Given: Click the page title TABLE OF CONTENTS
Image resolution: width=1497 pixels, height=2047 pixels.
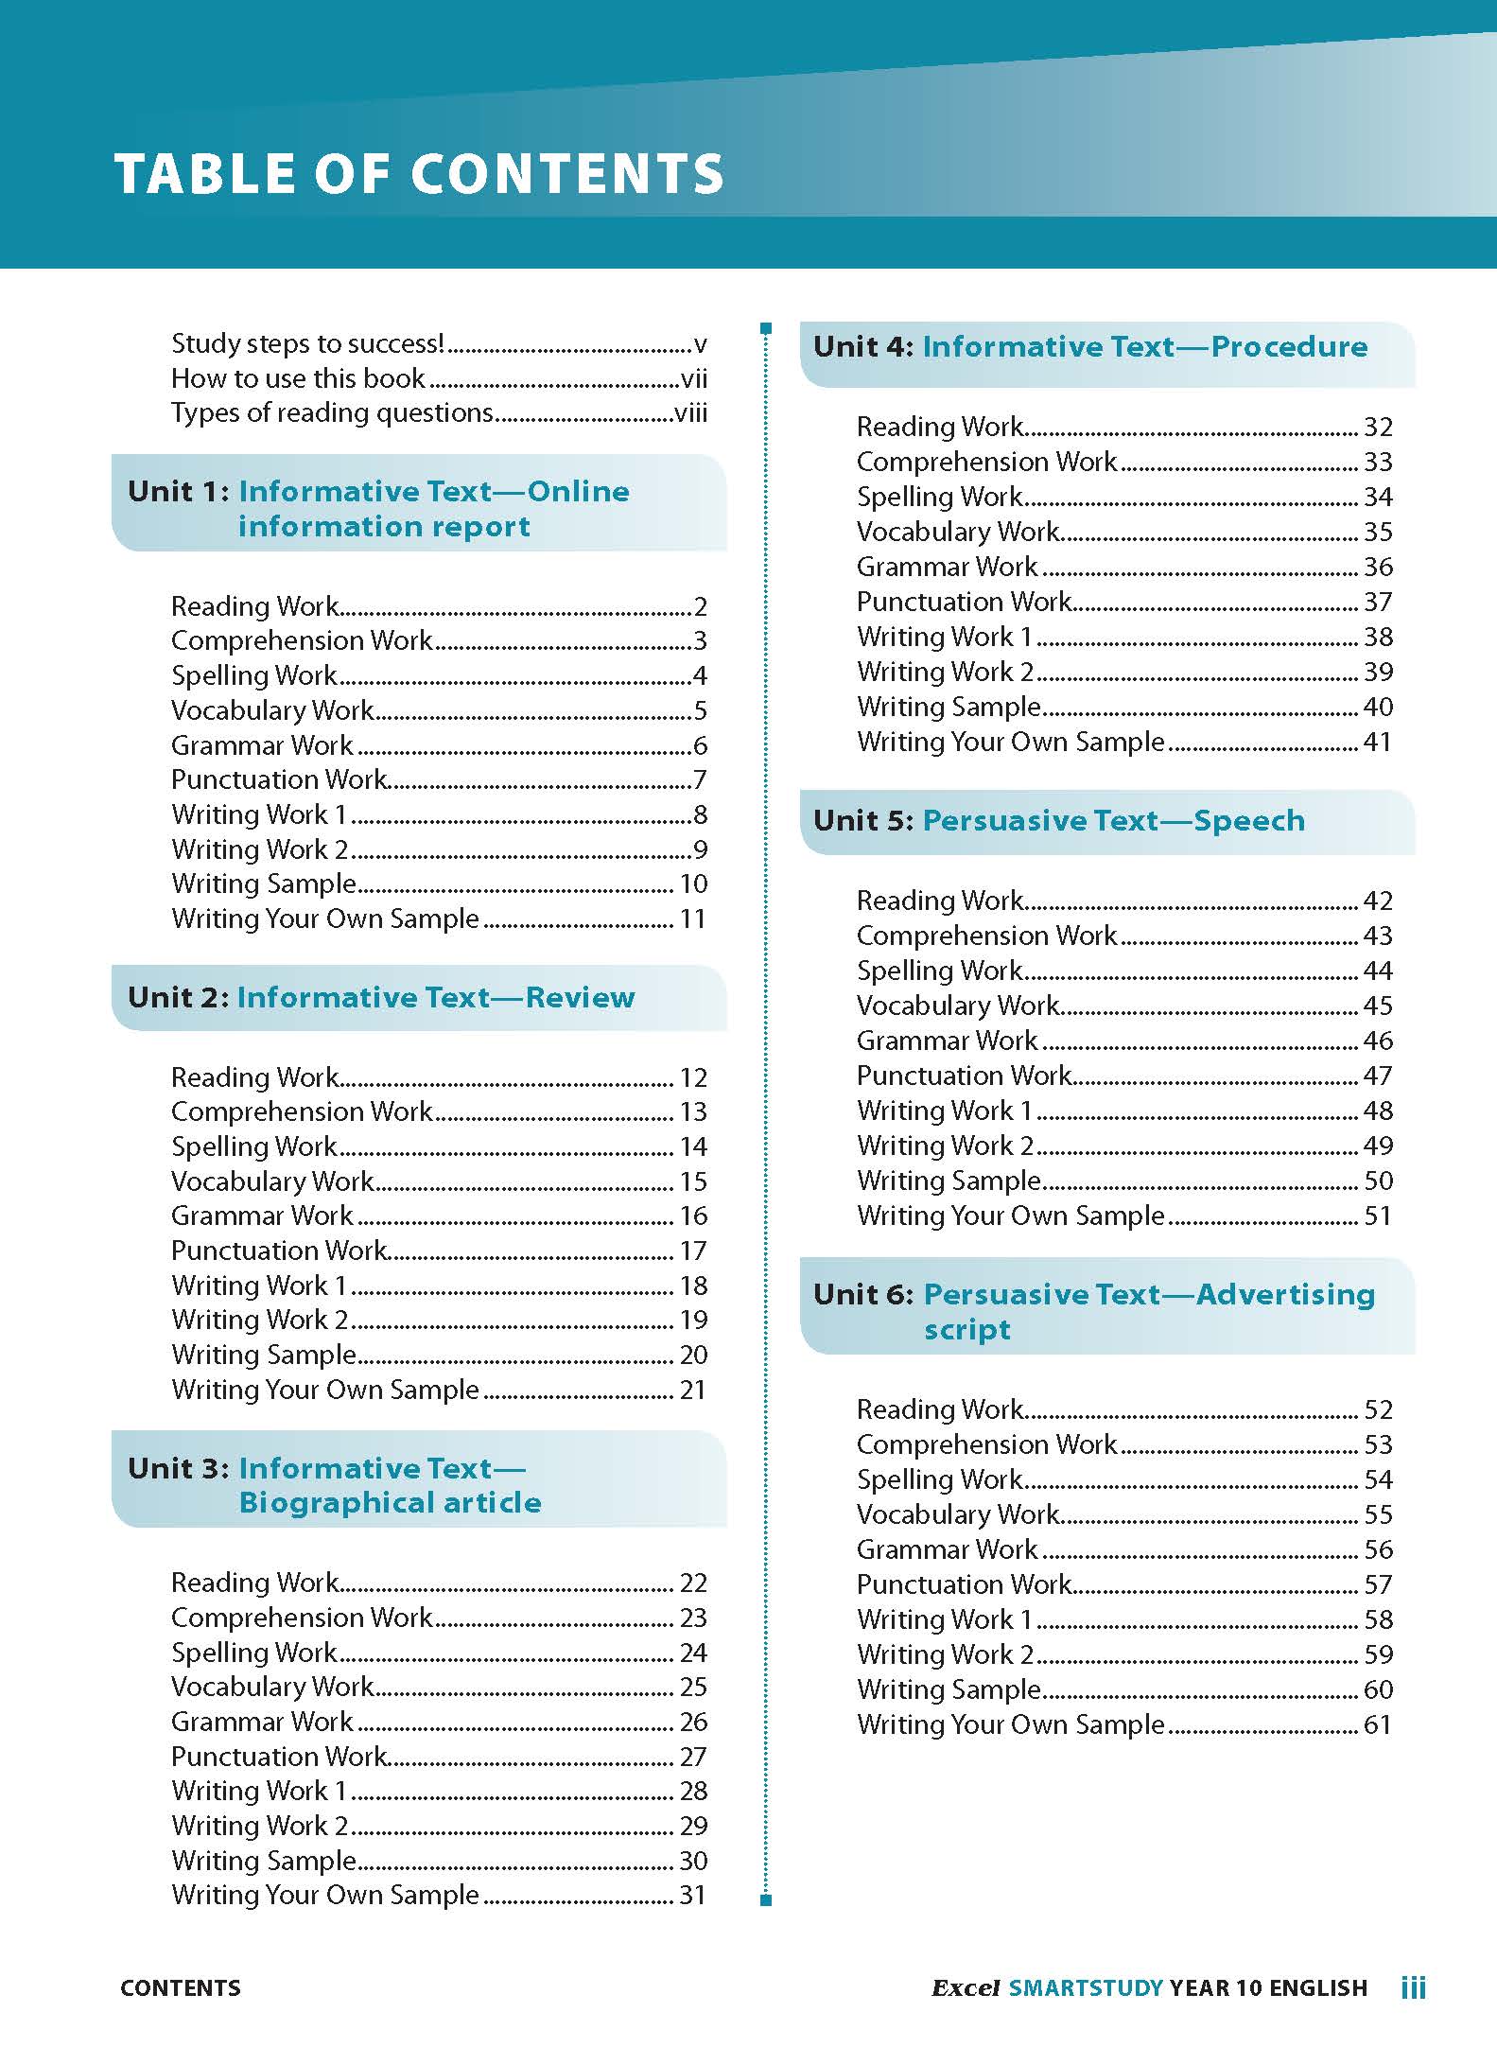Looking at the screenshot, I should [x=419, y=174].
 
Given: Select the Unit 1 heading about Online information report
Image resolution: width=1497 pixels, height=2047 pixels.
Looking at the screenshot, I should [x=378, y=508].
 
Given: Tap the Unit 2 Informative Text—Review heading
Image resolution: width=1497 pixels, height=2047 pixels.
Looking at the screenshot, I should [x=381, y=997].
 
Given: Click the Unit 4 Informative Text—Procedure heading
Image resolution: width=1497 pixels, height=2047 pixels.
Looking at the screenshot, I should [x=1090, y=346].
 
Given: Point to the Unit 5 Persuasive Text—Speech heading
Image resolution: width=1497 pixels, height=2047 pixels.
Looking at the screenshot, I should [x=1059, y=820].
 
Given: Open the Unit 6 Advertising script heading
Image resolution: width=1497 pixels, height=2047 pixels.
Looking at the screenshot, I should [x=1094, y=1310].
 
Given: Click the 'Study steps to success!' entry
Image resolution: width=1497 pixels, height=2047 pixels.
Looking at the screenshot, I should [x=307, y=343].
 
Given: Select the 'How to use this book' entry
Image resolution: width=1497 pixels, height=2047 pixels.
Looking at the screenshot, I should [x=298, y=378].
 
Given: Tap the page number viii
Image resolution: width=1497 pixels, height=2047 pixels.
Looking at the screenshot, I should [x=690, y=413].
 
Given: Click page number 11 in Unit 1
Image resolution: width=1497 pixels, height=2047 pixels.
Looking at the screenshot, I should [x=693, y=919].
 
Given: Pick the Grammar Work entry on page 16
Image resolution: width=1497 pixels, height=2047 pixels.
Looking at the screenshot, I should [x=262, y=1216].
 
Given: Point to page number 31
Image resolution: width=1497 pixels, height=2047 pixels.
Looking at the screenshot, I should [x=693, y=1895].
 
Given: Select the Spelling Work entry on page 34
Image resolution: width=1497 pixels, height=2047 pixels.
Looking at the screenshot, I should [x=939, y=497].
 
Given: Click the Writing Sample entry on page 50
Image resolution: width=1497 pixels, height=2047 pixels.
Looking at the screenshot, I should [x=949, y=1181].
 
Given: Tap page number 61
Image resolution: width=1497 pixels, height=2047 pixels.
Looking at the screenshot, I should [x=1378, y=1724].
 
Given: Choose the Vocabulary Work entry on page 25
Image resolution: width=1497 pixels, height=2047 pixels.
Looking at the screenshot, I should [x=272, y=1687].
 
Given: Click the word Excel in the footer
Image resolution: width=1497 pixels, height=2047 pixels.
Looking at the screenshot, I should [x=966, y=1987].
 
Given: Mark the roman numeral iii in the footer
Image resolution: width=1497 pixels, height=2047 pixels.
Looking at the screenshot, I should [x=1413, y=1986].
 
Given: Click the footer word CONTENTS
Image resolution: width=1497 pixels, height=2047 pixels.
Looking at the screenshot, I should [x=181, y=1987].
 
